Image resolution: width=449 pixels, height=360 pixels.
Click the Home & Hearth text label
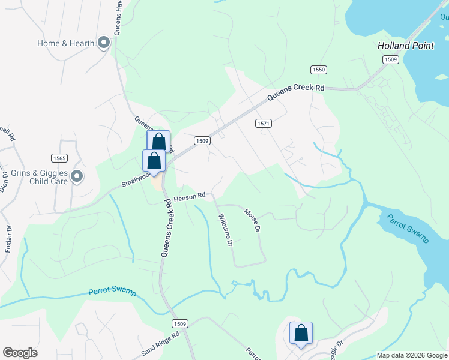click(x=65, y=43)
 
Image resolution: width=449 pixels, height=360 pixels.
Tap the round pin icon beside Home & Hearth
click(x=104, y=43)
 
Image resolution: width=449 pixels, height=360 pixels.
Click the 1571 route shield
click(x=263, y=123)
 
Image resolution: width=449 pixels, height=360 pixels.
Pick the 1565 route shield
click(x=59, y=158)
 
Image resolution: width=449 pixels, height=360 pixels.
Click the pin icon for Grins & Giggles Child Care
click(x=76, y=176)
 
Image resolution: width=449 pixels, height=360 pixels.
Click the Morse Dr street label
click(x=252, y=220)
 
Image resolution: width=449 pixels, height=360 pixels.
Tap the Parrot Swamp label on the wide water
click(x=408, y=229)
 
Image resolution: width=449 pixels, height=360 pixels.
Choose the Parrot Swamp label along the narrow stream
click(x=112, y=292)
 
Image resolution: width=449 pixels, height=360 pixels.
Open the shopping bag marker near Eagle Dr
click(x=301, y=333)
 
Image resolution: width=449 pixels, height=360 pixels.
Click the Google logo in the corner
click(x=20, y=353)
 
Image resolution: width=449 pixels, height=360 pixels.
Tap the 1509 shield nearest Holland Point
click(x=391, y=59)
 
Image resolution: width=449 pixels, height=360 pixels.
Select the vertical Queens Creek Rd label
click(x=166, y=229)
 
